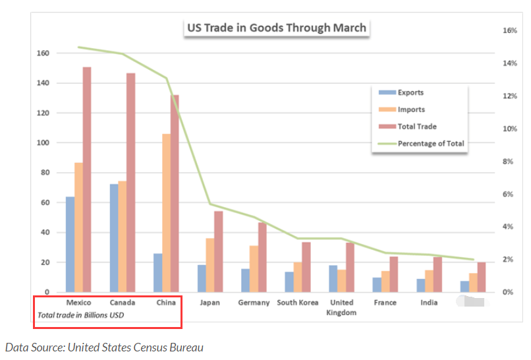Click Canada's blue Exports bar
point(114,237)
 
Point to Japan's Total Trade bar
point(219,251)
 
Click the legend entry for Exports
point(410,93)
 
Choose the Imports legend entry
point(411,109)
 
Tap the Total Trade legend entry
point(417,127)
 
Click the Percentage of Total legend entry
point(431,143)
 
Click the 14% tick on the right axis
point(509,63)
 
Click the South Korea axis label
point(298,303)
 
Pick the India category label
point(429,303)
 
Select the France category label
point(385,303)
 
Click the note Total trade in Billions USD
point(80,315)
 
